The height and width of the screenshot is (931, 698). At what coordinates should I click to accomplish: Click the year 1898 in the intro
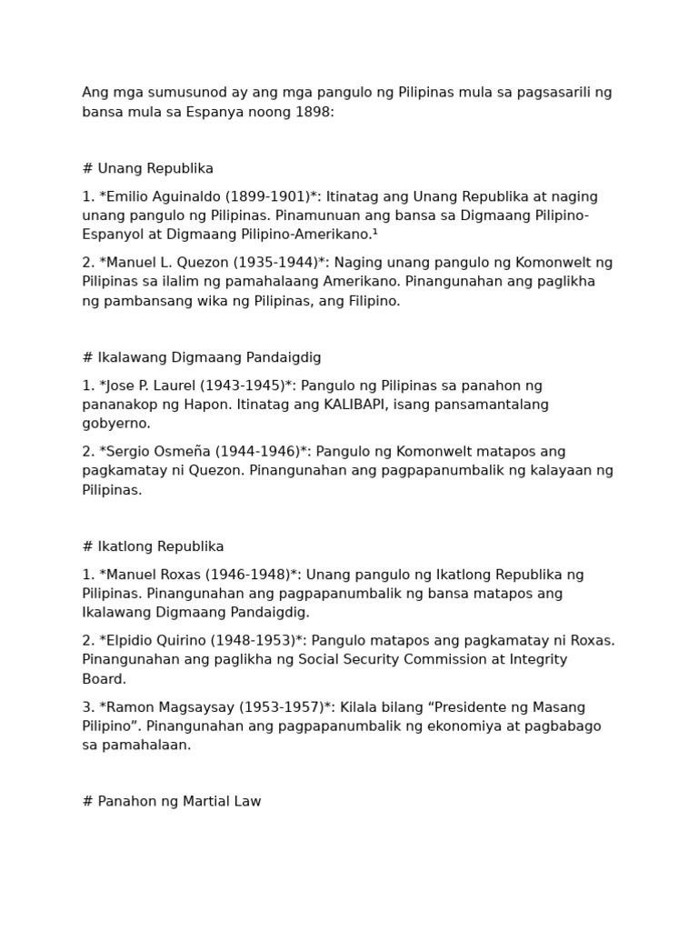[314, 112]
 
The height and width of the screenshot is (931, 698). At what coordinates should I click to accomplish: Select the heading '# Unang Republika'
[148, 168]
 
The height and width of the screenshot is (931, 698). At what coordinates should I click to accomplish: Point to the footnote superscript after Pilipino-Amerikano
[375, 233]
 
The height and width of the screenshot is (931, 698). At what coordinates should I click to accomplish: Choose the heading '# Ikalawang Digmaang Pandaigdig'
[202, 357]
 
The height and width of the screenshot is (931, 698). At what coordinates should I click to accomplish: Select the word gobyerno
[116, 424]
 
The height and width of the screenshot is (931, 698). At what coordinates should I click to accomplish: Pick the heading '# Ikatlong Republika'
[153, 546]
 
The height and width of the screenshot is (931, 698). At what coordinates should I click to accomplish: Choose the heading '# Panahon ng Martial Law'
[172, 802]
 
